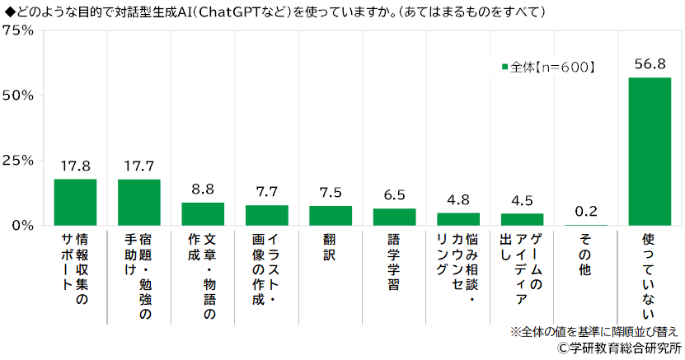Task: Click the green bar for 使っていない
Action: click(650, 152)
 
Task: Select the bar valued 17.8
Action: click(75, 202)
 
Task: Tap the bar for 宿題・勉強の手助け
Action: click(139, 202)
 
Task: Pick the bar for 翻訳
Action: click(331, 215)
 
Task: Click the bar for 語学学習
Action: click(394, 217)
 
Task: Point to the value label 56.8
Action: click(650, 64)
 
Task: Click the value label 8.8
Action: click(203, 189)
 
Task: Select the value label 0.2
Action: click(586, 212)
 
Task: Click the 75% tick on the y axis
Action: click(17, 30)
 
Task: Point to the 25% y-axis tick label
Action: click(17, 160)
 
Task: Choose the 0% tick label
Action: click(21, 225)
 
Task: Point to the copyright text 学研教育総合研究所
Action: click(618, 348)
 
